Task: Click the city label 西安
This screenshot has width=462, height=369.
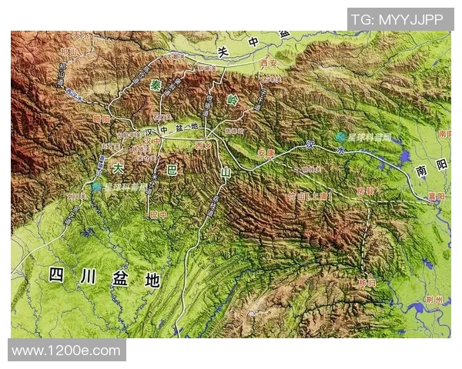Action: [x=268, y=64]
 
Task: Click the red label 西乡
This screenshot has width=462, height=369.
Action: [x=203, y=144]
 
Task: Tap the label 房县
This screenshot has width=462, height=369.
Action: [x=365, y=190]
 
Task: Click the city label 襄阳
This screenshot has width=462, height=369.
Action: [x=436, y=197]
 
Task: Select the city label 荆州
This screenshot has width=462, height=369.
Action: [x=437, y=300]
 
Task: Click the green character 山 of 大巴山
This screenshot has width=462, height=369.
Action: [x=225, y=174]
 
